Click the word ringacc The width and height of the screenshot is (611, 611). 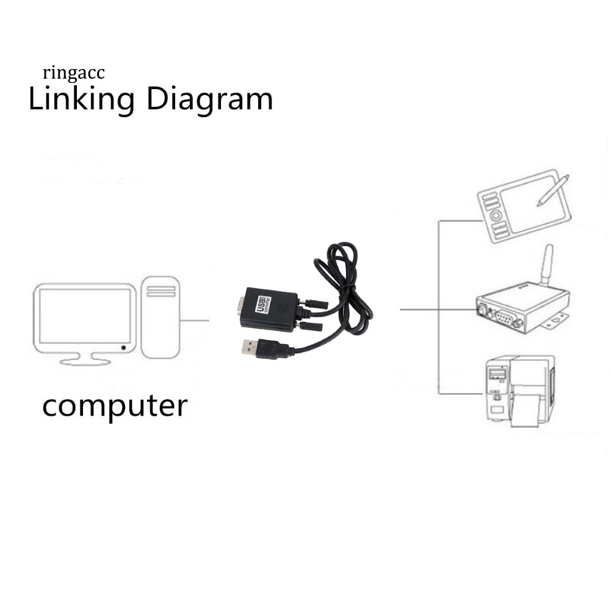74,74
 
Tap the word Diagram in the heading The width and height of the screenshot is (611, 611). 209,99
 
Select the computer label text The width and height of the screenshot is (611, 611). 115,406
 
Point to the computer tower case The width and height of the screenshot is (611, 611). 161,317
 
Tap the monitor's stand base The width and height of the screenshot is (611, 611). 85,361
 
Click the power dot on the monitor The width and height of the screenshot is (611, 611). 124,347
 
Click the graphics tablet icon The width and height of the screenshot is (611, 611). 523,206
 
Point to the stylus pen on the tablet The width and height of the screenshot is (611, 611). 552,190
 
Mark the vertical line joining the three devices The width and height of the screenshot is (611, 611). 438,305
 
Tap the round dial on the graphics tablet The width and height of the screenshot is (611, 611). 496,215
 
